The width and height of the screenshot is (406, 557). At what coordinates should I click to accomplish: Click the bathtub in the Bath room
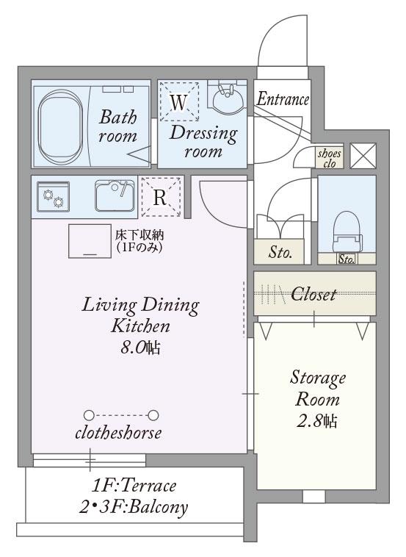pos(61,126)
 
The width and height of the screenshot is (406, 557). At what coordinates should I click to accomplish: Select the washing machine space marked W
pos(178,102)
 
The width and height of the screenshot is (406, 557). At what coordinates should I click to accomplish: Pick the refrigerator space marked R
pos(161,197)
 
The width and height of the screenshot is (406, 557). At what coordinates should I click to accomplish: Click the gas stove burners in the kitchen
pos(54,197)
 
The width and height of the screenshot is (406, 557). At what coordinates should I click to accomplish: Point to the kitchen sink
pos(115,195)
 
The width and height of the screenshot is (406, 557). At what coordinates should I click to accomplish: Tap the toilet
pos(347,231)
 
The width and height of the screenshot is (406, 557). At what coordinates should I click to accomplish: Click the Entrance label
pos(283,99)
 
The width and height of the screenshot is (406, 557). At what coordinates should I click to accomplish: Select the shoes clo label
pos(330,158)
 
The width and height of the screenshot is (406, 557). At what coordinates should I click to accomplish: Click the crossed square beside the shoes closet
pos(363,156)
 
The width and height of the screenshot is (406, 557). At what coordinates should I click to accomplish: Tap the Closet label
pos(313,294)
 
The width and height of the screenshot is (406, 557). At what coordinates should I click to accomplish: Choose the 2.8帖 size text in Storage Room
pos(317,421)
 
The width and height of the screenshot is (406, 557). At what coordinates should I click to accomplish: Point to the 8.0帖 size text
pos(140,348)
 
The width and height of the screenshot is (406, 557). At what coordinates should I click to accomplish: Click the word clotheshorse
pos(118,433)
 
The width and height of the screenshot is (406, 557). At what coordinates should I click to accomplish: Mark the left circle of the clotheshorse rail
pos(89,415)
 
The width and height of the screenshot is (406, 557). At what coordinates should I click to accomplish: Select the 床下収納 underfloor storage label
pos(139,235)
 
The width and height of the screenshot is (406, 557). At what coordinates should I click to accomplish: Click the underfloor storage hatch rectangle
pos(90,241)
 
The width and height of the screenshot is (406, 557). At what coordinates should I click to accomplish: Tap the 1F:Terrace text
pos(134,486)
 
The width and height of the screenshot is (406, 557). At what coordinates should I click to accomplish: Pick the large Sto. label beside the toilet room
pos(280,253)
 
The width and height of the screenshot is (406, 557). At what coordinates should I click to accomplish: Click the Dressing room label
pos(203,142)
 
